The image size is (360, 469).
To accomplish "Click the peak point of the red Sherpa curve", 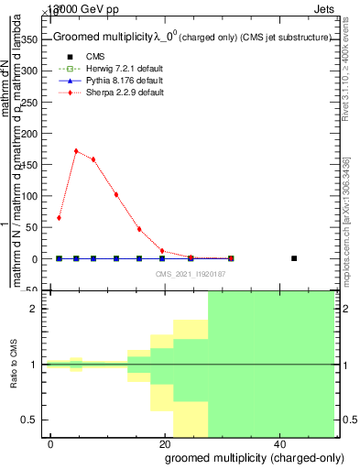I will click(76, 151).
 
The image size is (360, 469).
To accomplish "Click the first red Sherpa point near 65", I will click(59, 218).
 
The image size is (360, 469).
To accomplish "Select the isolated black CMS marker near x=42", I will click(294, 258).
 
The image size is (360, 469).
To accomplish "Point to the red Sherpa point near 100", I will click(115, 194).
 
